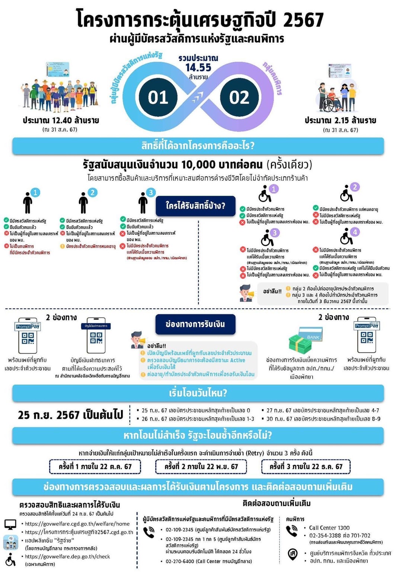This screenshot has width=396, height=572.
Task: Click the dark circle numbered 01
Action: pos(158,97)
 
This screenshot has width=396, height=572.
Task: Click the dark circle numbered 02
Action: pos(239,97)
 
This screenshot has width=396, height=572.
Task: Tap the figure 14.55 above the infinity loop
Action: pos(198,68)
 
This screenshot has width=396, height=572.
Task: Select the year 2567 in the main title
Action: pos(303,20)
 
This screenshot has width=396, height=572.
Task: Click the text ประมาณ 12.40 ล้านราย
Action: pos(61,120)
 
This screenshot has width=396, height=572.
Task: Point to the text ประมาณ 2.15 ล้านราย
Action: pos(340,120)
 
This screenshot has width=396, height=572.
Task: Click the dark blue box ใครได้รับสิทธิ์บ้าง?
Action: pos(195,206)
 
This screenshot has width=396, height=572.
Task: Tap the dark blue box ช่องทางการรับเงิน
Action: pos(195,324)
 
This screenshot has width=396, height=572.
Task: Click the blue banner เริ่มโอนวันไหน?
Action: pos(198,393)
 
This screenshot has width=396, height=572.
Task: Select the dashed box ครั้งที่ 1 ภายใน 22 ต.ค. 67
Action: pos(95,466)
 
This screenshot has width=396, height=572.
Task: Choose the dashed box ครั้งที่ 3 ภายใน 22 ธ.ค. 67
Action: pos(306,466)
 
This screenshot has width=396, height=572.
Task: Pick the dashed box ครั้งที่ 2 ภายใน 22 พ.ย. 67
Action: pos(201,466)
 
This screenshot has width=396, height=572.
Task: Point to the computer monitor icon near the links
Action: pos(10,524)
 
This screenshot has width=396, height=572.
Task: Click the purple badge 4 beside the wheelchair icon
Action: pos(355,232)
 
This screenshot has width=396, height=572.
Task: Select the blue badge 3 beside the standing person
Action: pos(150,192)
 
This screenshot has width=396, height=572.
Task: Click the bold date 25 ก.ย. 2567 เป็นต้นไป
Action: pos(70,415)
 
